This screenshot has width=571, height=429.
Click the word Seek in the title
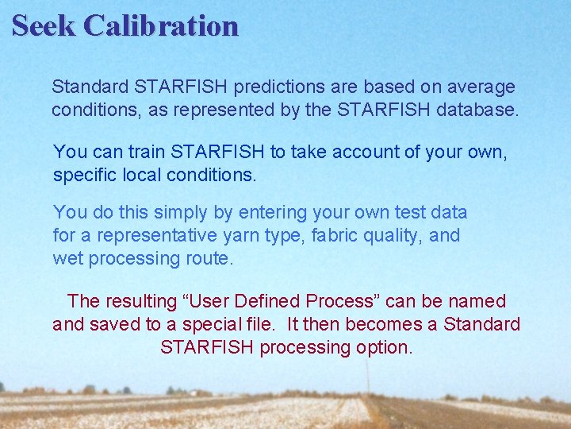(x=44, y=25)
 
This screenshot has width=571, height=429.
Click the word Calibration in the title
(x=161, y=25)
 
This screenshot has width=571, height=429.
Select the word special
(x=245, y=325)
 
